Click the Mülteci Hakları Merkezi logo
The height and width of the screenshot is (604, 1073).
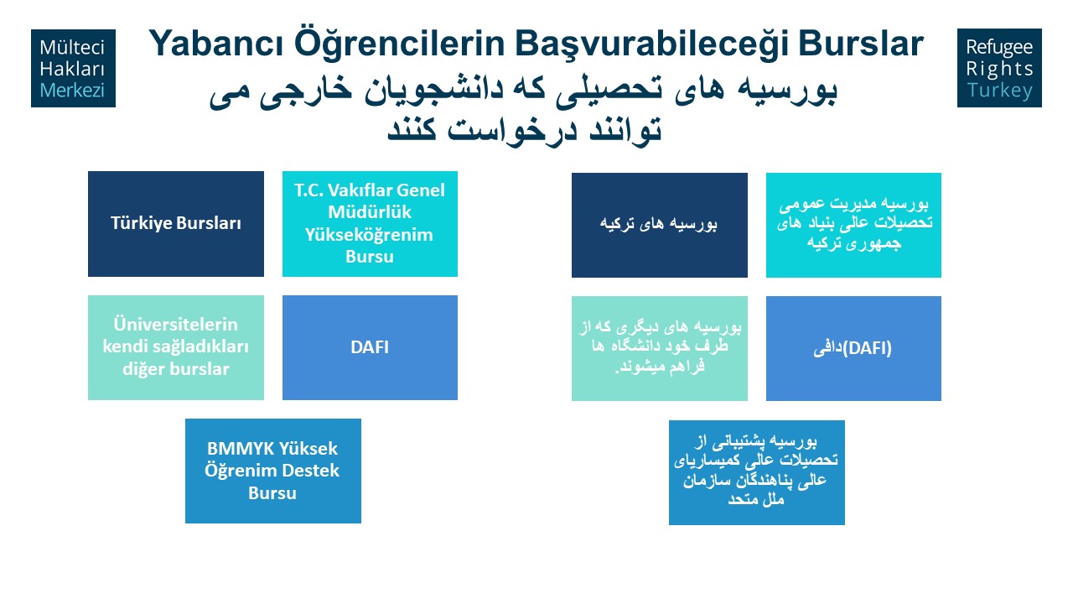coord(73,68)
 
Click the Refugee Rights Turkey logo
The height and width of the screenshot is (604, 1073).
coord(999,68)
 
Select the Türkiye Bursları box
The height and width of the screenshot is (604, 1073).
coord(176,224)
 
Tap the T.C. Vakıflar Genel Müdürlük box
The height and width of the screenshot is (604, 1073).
coord(370,224)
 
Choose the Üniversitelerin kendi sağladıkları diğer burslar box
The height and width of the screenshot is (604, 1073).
coord(176,347)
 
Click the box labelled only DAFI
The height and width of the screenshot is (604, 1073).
coord(370,347)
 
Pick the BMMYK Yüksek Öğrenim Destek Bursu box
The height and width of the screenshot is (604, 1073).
coord(273,471)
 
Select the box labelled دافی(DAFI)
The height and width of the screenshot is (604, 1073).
coord(853,348)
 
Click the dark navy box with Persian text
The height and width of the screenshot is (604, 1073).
coord(660,225)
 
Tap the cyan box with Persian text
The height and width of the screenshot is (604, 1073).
coord(853,225)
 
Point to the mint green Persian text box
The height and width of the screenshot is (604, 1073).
coord(660,348)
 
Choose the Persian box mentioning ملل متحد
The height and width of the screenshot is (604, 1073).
coord(757,472)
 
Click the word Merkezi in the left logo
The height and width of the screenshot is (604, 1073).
coord(72,90)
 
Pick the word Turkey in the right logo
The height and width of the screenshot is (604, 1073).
coord(999,90)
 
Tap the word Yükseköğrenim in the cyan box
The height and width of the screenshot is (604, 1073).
coord(369,234)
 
